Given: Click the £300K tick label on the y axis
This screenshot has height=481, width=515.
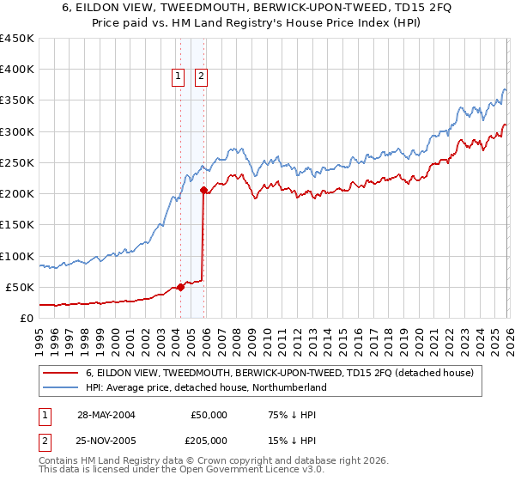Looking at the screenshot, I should point(17,131).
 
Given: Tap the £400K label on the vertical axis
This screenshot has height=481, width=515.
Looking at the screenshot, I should point(17,70).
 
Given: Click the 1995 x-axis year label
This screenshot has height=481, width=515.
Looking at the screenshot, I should point(39,336).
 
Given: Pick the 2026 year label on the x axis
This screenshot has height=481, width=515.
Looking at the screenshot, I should point(506,336).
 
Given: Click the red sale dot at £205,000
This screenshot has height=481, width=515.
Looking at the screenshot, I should point(203,191).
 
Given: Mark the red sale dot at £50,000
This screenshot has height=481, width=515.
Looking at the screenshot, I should point(181,287).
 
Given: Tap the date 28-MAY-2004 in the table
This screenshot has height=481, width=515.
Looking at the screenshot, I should point(106,414).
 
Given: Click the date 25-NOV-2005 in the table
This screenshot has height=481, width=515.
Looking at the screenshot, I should point(106,440).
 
